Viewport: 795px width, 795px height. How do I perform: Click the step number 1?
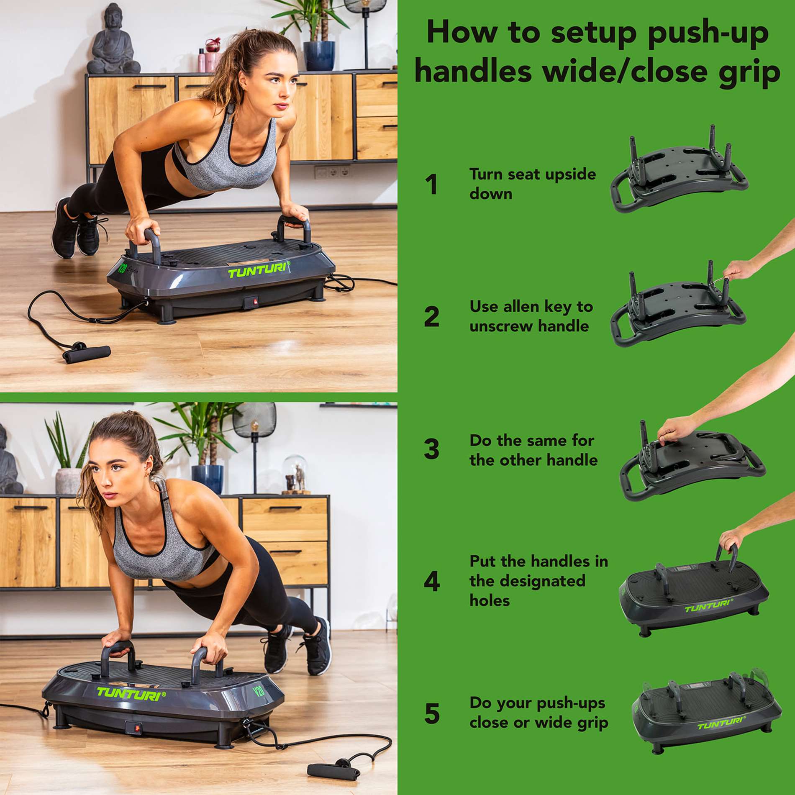(431, 185)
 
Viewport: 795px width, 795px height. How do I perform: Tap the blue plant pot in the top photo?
(319, 55)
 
